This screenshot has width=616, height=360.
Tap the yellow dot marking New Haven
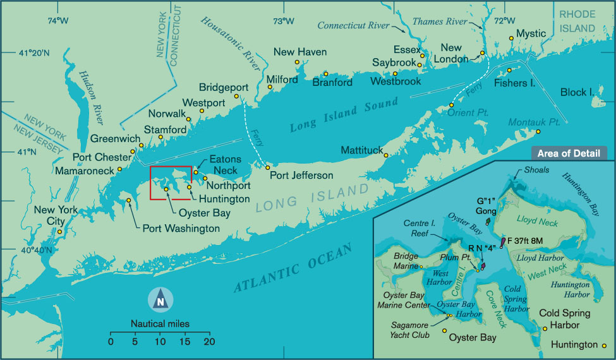point(297,63)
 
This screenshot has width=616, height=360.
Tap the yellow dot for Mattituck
point(386,155)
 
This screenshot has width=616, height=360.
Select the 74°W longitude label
point(57,20)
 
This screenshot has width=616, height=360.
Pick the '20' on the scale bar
point(209,342)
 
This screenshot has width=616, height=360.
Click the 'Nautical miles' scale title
point(160,324)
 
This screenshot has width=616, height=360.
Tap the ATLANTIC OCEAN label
point(292,268)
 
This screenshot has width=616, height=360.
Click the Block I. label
point(577,92)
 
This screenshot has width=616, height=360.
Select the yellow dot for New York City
point(59,232)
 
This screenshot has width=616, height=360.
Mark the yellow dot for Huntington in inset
point(605,345)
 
